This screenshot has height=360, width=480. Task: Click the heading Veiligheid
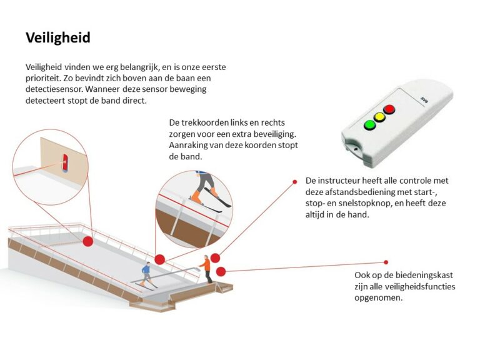click(x=58, y=38)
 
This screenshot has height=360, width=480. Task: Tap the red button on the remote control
click(x=389, y=109)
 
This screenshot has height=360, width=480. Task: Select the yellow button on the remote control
click(x=379, y=117)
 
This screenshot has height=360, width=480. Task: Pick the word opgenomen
click(x=378, y=298)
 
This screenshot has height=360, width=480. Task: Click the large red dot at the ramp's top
click(x=87, y=241)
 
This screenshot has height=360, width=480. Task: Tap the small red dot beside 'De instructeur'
click(x=295, y=182)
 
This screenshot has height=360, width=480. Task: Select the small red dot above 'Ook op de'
click(x=386, y=262)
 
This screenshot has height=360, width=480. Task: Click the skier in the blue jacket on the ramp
click(x=146, y=274)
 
